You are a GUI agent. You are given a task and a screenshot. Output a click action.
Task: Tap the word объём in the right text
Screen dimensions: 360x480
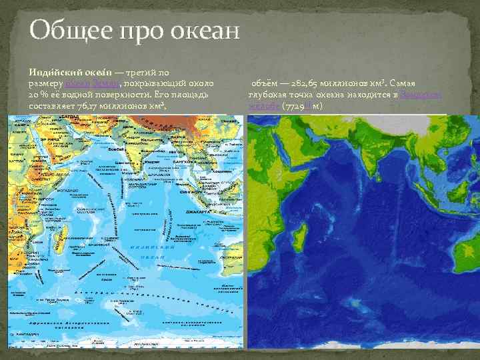pyautogui.click(x=265, y=82)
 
